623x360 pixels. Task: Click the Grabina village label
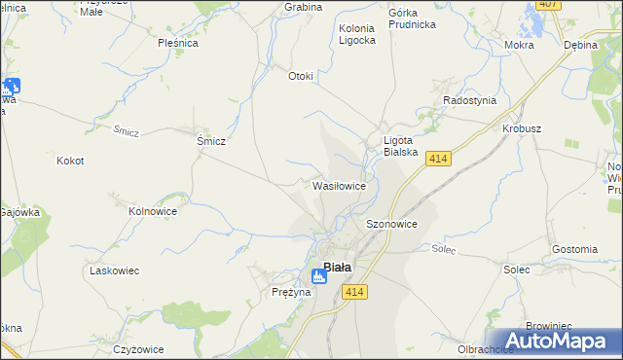point(303,7)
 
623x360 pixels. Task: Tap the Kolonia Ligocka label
point(356,35)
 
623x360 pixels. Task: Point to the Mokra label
point(521,45)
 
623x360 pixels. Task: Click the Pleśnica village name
point(178,43)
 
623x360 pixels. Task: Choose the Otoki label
point(301,77)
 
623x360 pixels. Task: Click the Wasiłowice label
point(339,185)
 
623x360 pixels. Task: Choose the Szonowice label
point(391,224)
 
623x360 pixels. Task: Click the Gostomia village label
point(574,249)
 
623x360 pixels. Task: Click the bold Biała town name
point(338,267)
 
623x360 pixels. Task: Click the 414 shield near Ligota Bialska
point(437,158)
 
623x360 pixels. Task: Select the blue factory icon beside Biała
point(318,277)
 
